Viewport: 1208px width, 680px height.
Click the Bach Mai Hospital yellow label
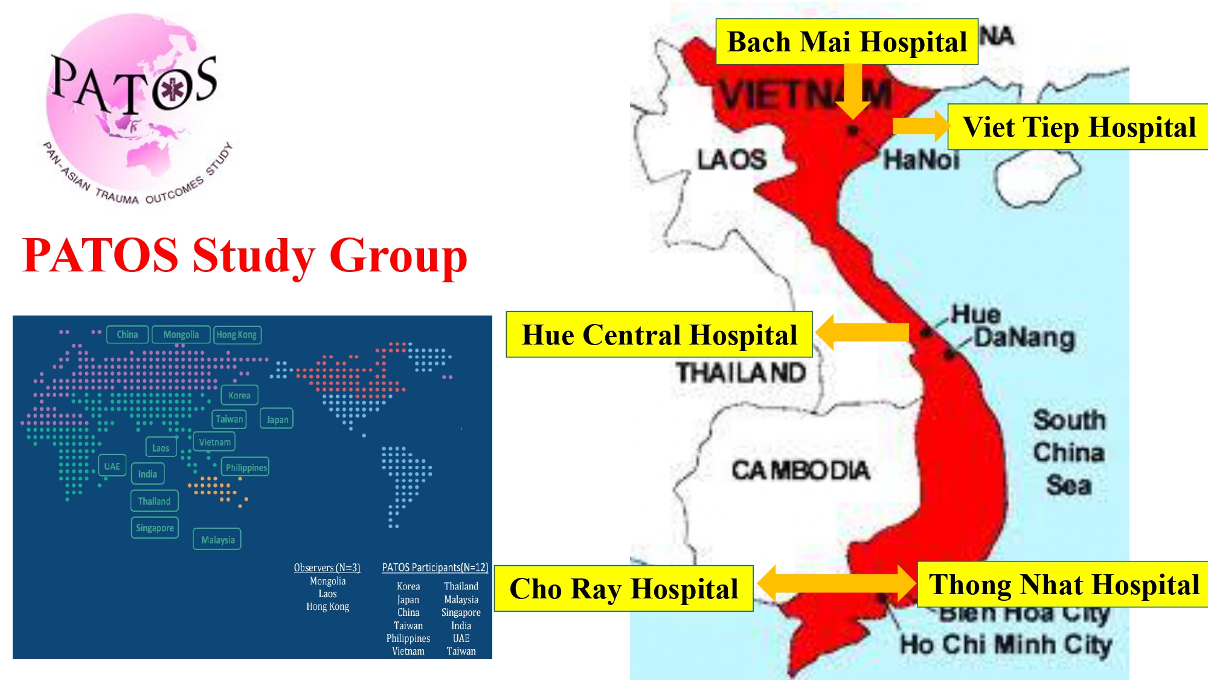tap(846, 42)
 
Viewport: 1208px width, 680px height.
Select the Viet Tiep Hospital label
tap(1078, 127)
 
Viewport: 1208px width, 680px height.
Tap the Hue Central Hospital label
tap(659, 335)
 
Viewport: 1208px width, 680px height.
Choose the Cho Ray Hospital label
tap(623, 589)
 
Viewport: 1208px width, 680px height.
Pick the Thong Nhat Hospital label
tap(1063, 584)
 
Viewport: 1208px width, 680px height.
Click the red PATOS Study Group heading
tap(245, 255)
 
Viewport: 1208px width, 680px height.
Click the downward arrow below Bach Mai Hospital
tap(853, 91)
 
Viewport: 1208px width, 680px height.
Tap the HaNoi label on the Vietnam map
tap(921, 160)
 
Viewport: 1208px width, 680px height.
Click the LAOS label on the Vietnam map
tap(731, 160)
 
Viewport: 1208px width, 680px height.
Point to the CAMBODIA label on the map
tap(800, 470)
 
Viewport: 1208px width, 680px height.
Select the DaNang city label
tap(1024, 337)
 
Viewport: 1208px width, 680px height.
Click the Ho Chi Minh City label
tap(1006, 644)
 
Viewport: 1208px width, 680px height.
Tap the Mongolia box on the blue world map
tap(181, 334)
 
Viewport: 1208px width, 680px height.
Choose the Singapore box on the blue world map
tap(155, 528)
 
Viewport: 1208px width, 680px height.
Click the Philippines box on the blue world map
tap(246, 467)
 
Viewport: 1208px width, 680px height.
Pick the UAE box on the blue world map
tap(112, 466)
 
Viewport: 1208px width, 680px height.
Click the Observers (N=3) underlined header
tap(327, 568)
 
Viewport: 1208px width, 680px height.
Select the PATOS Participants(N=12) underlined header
tap(435, 568)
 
